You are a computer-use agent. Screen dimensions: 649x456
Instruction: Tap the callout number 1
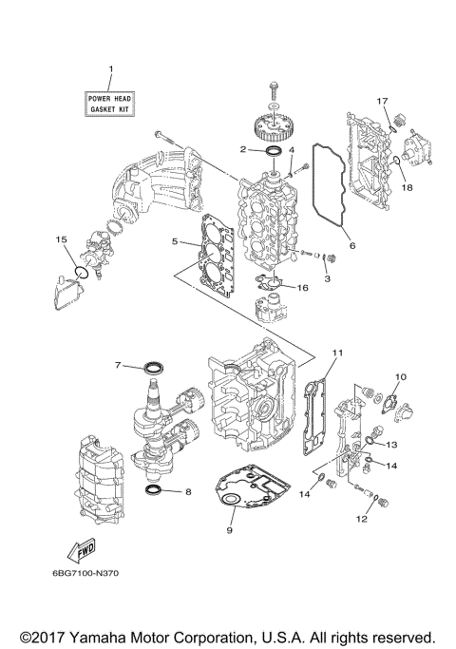(110, 69)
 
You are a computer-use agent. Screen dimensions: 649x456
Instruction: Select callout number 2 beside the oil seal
(243, 149)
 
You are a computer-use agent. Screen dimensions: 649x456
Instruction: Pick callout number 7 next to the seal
(118, 365)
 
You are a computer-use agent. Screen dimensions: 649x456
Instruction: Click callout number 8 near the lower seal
(187, 491)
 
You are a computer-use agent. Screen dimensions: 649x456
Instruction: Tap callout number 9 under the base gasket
(229, 530)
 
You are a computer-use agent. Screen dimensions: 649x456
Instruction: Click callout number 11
(334, 353)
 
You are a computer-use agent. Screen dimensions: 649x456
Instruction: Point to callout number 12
(361, 519)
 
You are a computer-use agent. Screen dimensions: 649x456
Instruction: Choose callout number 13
(390, 444)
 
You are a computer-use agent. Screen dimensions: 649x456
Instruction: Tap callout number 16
(303, 287)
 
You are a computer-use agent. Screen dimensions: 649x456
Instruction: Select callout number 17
(383, 101)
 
